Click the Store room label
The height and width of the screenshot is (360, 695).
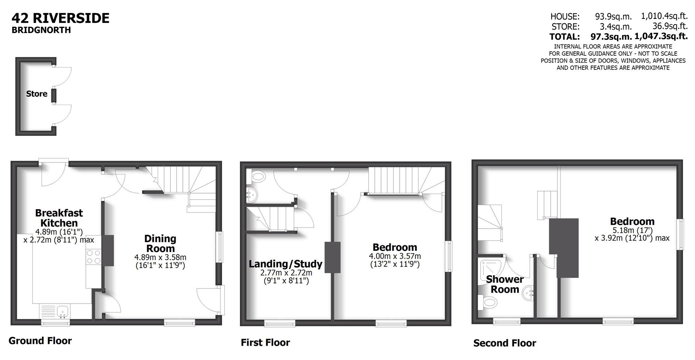pos(37,94)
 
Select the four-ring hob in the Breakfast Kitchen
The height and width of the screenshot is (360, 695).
pos(93,257)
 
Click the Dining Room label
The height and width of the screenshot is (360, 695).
pos(160,243)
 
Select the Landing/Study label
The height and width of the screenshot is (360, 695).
pos(285,264)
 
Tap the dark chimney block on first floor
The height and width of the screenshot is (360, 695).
pos(332,257)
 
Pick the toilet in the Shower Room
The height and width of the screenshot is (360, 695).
pos(489,302)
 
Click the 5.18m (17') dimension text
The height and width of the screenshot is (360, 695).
pos(632,230)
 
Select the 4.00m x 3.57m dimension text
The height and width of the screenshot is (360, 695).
pos(395,256)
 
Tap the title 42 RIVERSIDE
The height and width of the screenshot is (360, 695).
pos(60,18)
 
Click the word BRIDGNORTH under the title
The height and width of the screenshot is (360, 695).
pos(41,30)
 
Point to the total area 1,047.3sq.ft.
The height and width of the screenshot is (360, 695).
pos(661,36)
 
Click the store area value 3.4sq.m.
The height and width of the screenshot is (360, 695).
pos(616,26)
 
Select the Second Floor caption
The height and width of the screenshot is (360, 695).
pos(505,343)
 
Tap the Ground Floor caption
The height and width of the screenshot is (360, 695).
pos(40,340)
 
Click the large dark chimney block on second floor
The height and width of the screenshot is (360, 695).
pos(564,248)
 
